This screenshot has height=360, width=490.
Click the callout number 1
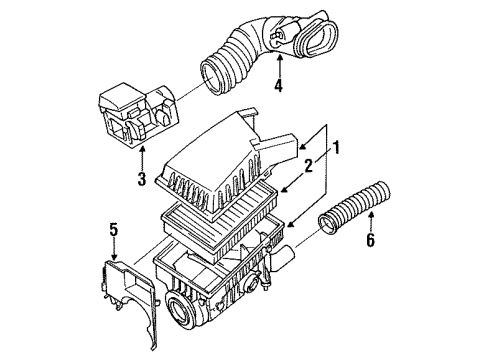(x=336, y=147)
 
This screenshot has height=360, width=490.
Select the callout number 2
(x=309, y=165)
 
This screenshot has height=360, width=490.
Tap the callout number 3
(x=142, y=179)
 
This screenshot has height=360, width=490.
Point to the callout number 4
(x=278, y=85)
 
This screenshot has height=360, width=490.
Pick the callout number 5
(x=114, y=230)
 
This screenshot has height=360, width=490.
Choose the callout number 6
(x=371, y=240)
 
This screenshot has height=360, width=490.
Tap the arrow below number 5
(x=114, y=249)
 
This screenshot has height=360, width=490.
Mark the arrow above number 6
(x=371, y=221)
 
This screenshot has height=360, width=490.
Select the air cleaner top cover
(x=227, y=163)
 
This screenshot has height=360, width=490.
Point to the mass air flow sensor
(x=139, y=115)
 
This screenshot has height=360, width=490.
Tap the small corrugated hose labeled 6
(x=354, y=208)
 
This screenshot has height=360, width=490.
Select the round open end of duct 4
(x=211, y=75)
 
